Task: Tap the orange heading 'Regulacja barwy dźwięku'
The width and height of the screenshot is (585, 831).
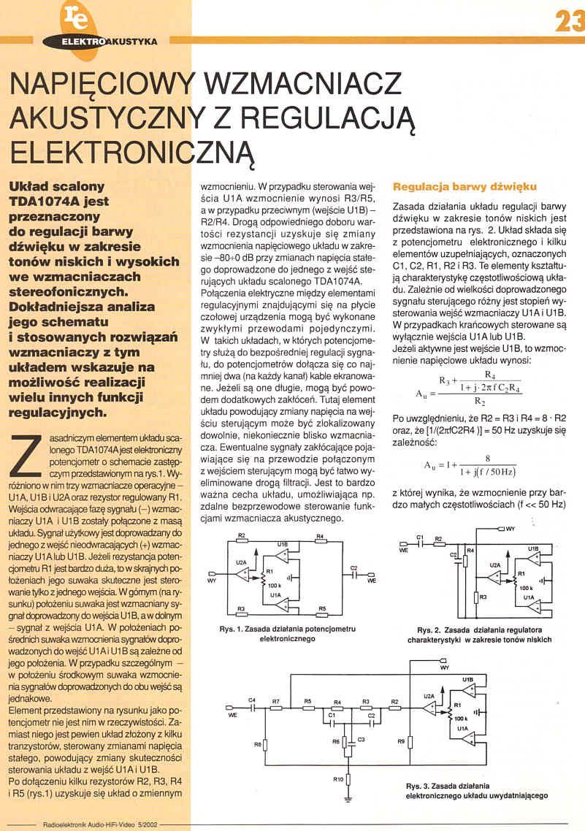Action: [x=464, y=186]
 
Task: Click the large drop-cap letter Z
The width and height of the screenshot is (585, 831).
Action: [x=28, y=452]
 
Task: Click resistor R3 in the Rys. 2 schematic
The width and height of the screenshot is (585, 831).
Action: [x=473, y=597]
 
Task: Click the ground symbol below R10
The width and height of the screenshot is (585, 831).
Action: [x=349, y=800]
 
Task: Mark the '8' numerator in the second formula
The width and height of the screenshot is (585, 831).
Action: [x=476, y=458]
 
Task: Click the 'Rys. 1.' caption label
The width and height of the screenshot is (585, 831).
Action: [x=232, y=629]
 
